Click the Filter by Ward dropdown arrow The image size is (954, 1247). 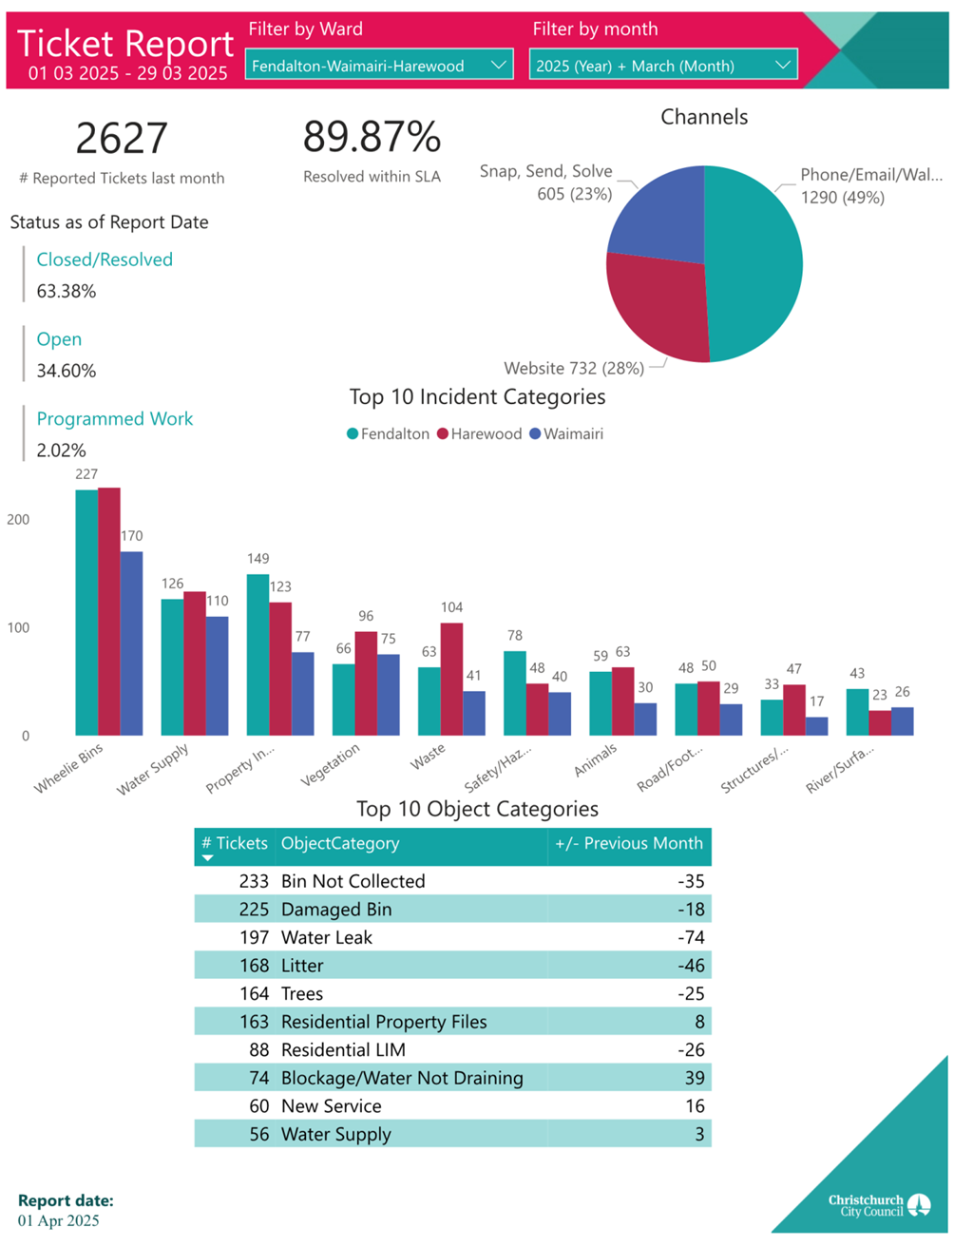pyautogui.click(x=498, y=66)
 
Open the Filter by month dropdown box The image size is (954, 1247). pyautogui.click(x=662, y=66)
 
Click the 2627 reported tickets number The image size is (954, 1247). pyautogui.click(x=122, y=139)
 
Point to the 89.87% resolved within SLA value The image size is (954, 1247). pyautogui.click(x=372, y=137)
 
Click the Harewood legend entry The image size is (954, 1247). pyautogui.click(x=480, y=434)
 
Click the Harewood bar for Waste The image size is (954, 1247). pyautogui.click(x=451, y=679)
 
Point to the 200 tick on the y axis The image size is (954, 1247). pyautogui.click(x=18, y=520)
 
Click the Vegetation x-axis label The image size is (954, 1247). pyautogui.click(x=331, y=764)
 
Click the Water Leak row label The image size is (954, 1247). pyautogui.click(x=327, y=938)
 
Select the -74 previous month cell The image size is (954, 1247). pyautogui.click(x=691, y=938)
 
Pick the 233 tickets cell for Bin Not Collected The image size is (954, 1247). pyautogui.click(x=254, y=882)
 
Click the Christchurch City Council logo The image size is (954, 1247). pyautogui.click(x=879, y=1206)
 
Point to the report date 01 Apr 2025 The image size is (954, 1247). pyautogui.click(x=59, y=1221)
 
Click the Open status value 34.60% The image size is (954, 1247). pyautogui.click(x=67, y=372)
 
